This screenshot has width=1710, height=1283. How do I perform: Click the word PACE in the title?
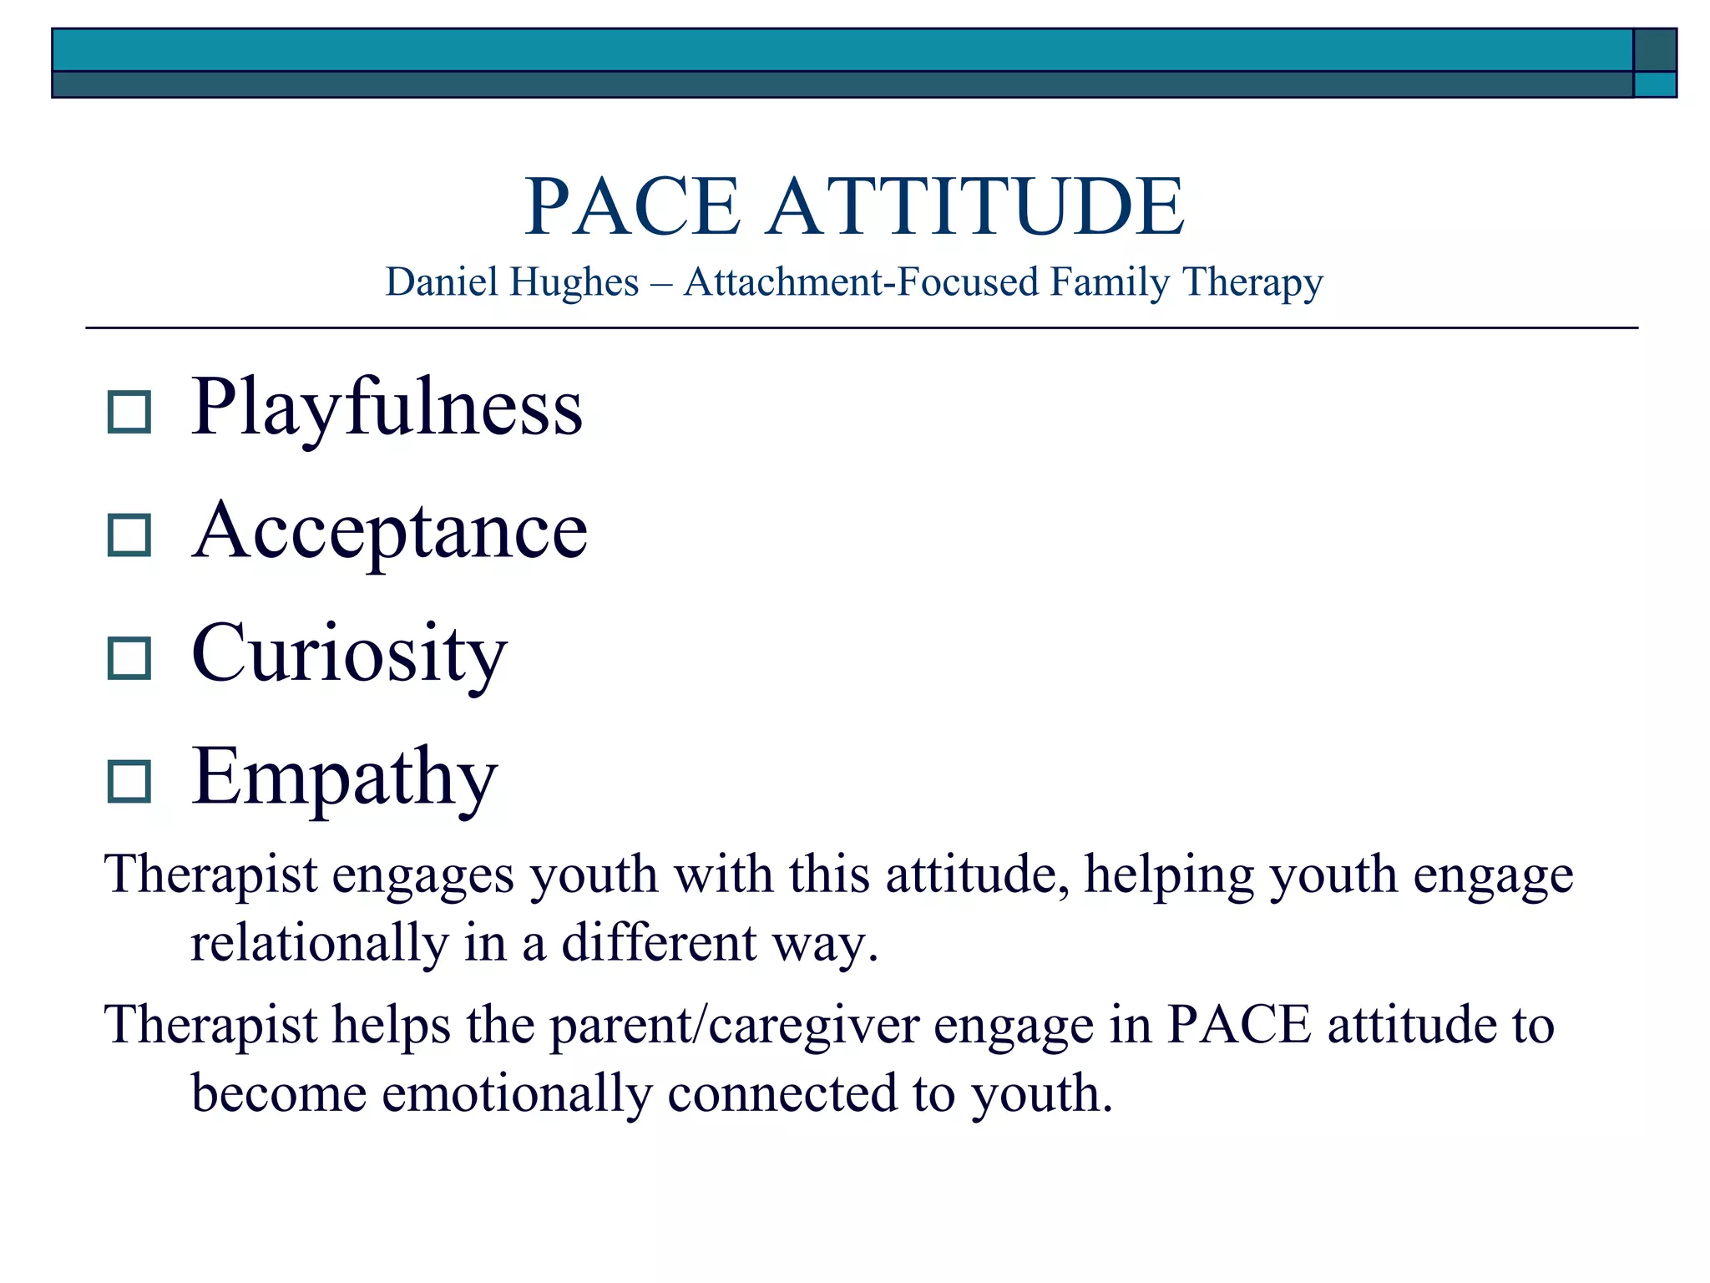pos(632,206)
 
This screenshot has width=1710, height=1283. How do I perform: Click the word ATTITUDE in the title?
pos(975,206)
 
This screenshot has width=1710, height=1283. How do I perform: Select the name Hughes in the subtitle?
pos(574,282)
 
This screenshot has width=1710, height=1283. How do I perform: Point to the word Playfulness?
pos(387,408)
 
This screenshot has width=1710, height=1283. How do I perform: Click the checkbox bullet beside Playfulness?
pos(129,412)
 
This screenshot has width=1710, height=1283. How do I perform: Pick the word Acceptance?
pos(389,532)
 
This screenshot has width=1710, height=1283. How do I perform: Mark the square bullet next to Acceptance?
pos(129,535)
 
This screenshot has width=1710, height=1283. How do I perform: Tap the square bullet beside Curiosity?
pos(129,658)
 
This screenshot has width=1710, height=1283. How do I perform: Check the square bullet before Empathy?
pos(129,782)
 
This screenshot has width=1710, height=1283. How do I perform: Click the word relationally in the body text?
pos(320,943)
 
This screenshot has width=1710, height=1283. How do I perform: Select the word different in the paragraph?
pos(659,943)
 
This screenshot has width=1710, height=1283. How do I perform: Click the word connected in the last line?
pos(782,1093)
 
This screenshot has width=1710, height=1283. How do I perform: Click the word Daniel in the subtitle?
pos(442,282)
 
